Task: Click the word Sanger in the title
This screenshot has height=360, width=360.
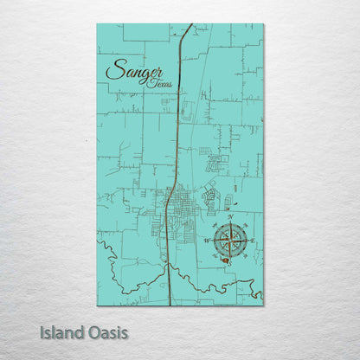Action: (133, 71)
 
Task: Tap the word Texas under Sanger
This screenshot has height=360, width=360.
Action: (159, 82)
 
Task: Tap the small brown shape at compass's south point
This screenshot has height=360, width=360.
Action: (227, 256)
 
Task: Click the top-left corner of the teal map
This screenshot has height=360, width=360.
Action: (98, 25)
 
